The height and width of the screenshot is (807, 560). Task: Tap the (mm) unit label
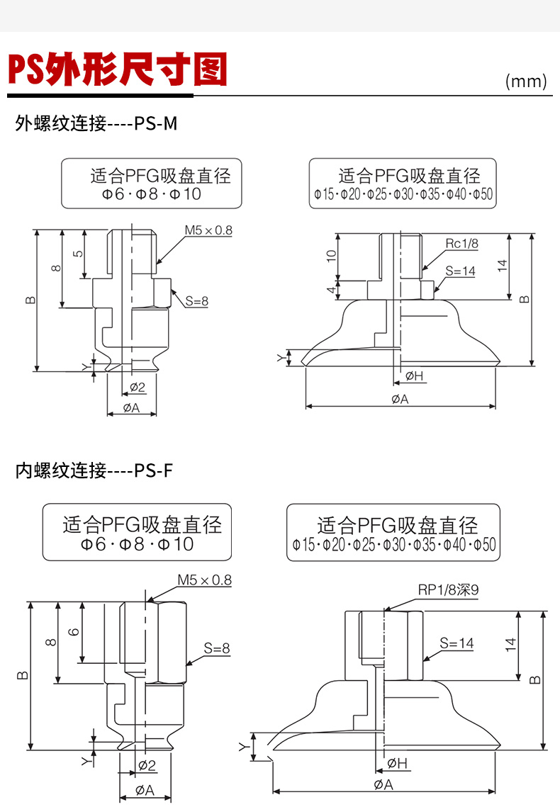tap(526, 81)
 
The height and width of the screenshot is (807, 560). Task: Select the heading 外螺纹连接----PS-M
tap(96, 123)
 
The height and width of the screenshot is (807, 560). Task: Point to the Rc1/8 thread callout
tap(462, 244)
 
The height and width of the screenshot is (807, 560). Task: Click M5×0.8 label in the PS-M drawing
tap(208, 230)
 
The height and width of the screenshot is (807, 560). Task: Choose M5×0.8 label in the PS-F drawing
tap(205, 580)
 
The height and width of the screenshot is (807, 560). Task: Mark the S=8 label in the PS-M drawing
tap(197, 301)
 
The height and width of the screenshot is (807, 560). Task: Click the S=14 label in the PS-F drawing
tap(457, 643)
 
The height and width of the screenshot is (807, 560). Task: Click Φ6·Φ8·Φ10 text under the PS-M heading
tap(146, 193)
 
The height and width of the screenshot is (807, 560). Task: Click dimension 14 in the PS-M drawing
tap(502, 266)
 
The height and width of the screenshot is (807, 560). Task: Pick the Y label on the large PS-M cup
tap(279, 358)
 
